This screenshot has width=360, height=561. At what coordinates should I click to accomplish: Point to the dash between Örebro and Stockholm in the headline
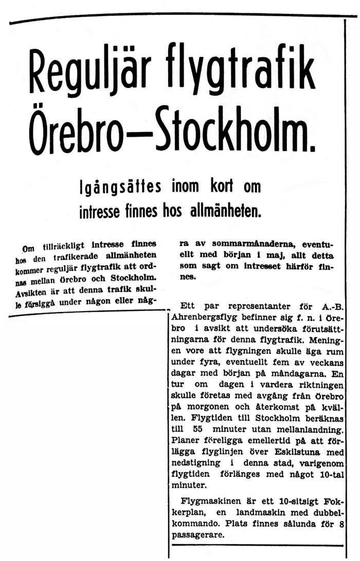tap(152, 135)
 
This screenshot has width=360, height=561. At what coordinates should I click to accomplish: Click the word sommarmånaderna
tap(236, 245)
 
